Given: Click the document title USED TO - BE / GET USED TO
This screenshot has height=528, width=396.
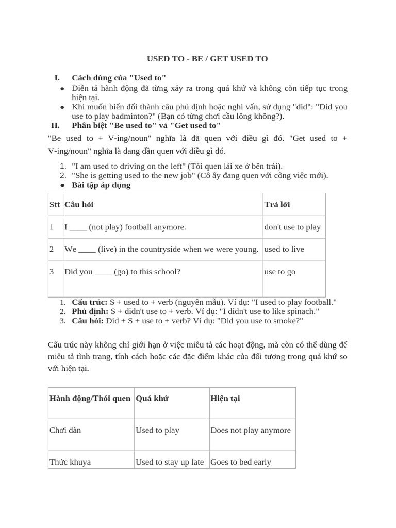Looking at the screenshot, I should pyautogui.click(x=207, y=59).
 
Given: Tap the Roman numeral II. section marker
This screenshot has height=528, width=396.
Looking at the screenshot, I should pyautogui.click(x=55, y=125).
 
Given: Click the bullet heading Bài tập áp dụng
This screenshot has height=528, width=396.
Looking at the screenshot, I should pyautogui.click(x=101, y=185).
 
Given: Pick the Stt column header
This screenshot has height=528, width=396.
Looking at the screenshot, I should pyautogui.click(x=55, y=205).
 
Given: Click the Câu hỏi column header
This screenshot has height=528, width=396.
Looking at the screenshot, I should pyautogui.click(x=79, y=205).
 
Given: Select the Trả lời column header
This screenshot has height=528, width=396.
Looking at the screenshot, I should pyautogui.click(x=277, y=205).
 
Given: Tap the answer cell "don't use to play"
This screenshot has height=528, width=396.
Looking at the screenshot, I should pyautogui.click(x=292, y=227).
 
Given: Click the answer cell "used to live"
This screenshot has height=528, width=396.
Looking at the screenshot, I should pyautogui.click(x=284, y=249).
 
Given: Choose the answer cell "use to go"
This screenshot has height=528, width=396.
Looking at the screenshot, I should pyautogui.click(x=280, y=272).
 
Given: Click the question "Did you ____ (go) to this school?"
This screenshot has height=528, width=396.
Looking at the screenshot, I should pyautogui.click(x=122, y=272).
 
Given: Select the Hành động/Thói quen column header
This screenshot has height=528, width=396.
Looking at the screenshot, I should pyautogui.click(x=90, y=399).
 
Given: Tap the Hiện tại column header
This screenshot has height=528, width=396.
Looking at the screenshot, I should pyautogui.click(x=225, y=399).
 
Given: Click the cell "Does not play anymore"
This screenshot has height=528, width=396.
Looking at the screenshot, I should pyautogui.click(x=251, y=430).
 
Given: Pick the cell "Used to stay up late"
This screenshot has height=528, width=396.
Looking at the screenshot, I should pyautogui.click(x=170, y=462).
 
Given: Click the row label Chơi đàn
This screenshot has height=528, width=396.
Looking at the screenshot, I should pyautogui.click(x=65, y=430).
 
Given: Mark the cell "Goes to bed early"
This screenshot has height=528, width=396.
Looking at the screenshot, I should pyautogui.click(x=241, y=462).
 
